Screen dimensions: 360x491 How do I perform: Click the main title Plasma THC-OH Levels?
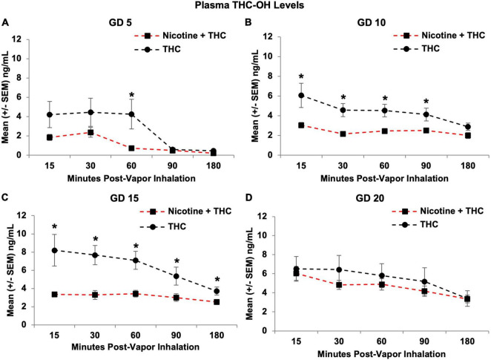tap(245, 7)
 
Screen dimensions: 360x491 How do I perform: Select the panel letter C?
tap(6, 200)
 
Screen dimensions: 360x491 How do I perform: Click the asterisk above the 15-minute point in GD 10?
tap(301, 77)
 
